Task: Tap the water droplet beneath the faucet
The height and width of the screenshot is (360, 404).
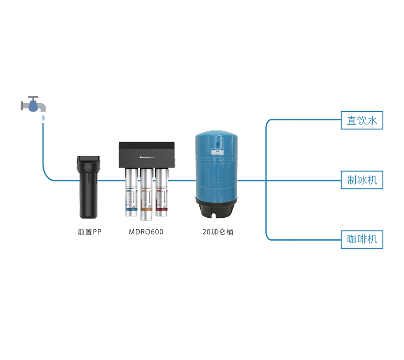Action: click(x=43, y=118)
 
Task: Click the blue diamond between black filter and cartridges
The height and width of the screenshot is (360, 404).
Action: click(x=109, y=181)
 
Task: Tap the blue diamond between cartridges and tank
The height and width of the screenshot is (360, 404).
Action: click(x=181, y=181)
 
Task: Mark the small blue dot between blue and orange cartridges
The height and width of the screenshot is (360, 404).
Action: click(x=139, y=180)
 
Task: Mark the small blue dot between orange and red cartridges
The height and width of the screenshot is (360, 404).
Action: click(x=154, y=180)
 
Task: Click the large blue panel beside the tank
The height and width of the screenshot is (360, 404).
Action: click(x=316, y=171)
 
